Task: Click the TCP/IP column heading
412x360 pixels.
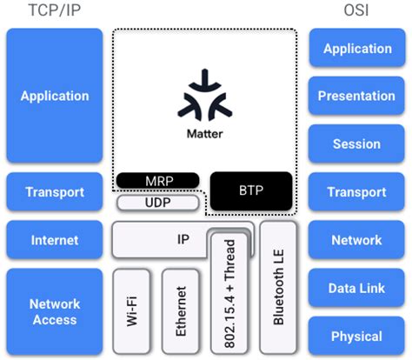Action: (54, 11)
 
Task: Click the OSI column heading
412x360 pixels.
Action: (356, 11)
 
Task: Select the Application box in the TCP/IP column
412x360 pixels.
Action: (54, 97)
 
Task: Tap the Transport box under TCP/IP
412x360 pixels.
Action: (54, 192)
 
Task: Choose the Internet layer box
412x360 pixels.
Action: (54, 240)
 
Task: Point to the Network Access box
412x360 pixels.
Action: (54, 311)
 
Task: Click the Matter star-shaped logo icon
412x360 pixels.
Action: (204, 97)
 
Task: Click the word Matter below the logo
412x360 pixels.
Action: (204, 135)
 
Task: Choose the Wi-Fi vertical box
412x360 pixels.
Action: (132, 310)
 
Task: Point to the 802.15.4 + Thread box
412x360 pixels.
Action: (229, 291)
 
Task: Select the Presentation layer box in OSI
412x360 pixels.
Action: (356, 97)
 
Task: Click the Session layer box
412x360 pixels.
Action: (356, 144)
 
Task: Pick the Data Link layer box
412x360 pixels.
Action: (356, 288)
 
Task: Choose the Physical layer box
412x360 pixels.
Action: (356, 336)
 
